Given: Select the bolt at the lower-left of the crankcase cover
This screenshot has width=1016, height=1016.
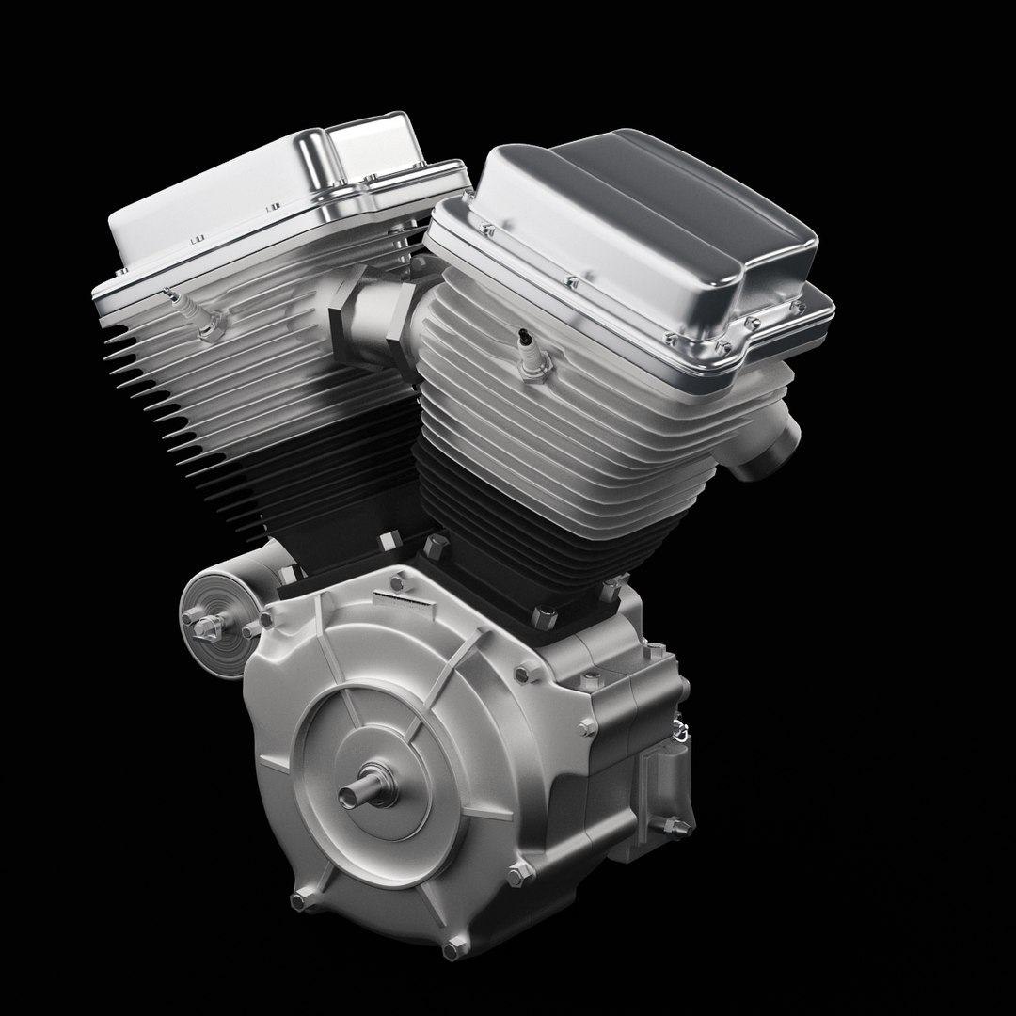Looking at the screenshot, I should tap(299, 900).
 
